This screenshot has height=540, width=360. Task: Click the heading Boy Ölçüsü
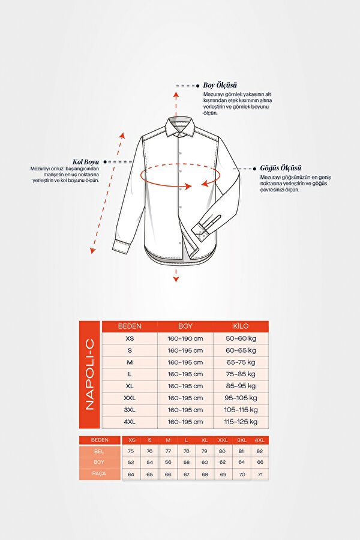(220, 85)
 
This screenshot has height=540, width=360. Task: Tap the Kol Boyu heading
(86, 161)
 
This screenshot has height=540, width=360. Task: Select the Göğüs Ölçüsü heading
(280, 168)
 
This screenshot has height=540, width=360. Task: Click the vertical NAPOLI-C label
(90, 374)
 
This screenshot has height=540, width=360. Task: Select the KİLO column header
(241, 326)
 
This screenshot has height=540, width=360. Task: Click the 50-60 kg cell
(241, 338)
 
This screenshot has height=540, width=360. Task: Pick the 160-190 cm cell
(185, 338)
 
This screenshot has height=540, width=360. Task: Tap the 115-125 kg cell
(241, 422)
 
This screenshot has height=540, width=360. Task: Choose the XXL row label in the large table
(130, 398)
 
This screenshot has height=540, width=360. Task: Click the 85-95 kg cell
(241, 386)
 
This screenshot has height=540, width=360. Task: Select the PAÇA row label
(99, 474)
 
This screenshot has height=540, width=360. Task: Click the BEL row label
(99, 450)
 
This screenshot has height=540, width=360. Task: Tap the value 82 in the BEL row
(259, 450)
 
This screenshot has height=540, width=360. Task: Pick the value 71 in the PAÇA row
(259, 474)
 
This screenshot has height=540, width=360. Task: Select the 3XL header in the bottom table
(241, 440)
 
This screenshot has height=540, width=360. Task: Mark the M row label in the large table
(130, 362)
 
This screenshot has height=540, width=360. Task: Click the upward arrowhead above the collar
(176, 94)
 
